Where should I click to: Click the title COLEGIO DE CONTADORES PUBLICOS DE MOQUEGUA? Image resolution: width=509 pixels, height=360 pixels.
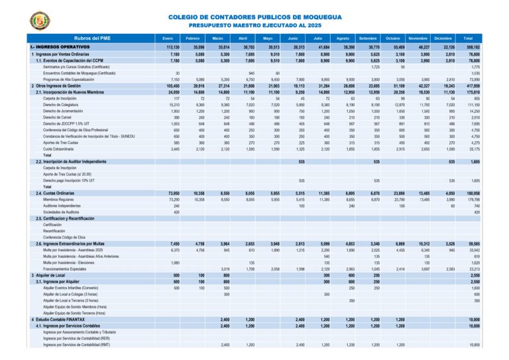click(x=254, y=17)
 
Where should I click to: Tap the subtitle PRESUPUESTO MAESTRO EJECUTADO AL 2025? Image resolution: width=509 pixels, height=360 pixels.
click(x=254, y=25)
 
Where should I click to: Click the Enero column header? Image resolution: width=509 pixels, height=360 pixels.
click(x=167, y=38)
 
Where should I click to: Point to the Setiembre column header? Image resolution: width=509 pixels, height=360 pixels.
click(x=368, y=38)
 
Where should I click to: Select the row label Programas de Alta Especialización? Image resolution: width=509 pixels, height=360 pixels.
click(x=69, y=80)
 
